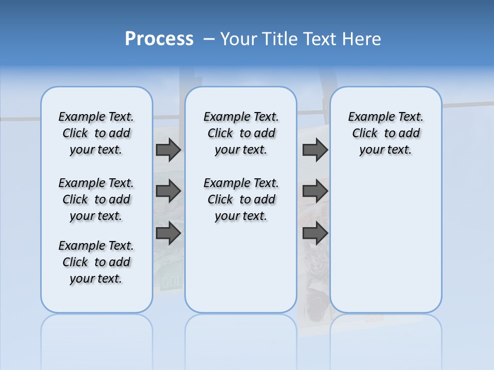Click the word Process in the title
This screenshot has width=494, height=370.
tap(159, 39)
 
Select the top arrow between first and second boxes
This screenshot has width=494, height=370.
tap(168, 150)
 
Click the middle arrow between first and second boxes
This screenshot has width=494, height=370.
tap(168, 191)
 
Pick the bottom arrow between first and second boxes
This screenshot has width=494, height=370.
tap(168, 233)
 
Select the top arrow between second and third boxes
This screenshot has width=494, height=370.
tap(315, 150)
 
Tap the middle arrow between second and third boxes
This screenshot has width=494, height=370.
tap(315, 191)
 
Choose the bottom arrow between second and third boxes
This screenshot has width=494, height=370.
tap(315, 233)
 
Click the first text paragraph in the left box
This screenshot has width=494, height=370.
tap(96, 133)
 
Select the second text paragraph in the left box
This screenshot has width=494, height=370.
tap(96, 199)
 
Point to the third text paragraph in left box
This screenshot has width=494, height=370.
tap(96, 262)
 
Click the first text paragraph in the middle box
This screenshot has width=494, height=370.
tap(241, 133)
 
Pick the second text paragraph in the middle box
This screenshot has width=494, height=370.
tap(241, 199)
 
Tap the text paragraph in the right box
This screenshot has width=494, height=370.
tap(385, 133)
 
